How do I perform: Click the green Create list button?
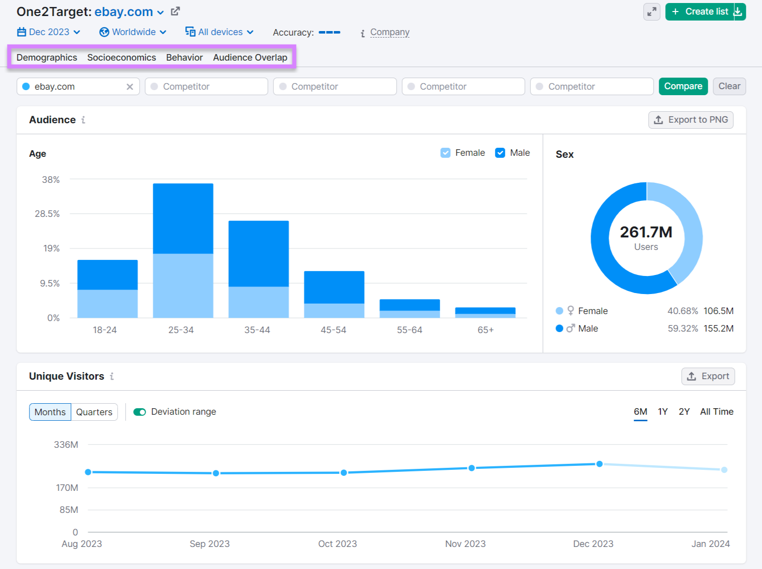pos(700,12)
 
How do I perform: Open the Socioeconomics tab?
pos(121,58)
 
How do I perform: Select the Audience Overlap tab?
pos(250,58)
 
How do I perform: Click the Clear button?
pos(729,86)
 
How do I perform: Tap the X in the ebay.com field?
pos(130,87)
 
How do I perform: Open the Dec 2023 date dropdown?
pos(49,32)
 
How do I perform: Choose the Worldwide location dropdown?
pos(133,32)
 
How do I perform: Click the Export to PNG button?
pos(691,120)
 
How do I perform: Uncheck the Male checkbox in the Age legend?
pos(500,153)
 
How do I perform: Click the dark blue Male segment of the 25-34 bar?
pos(183,218)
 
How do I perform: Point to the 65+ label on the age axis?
pos(485,330)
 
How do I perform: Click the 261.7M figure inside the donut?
pos(646,232)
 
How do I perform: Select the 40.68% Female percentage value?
pos(682,311)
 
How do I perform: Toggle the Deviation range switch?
pos(139,412)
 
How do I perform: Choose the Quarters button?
pos(94,412)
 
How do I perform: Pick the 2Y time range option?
pos(684,412)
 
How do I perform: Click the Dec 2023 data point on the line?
pos(599,464)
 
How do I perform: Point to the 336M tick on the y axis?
pos(66,444)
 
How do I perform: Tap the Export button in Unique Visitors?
pos(708,376)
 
